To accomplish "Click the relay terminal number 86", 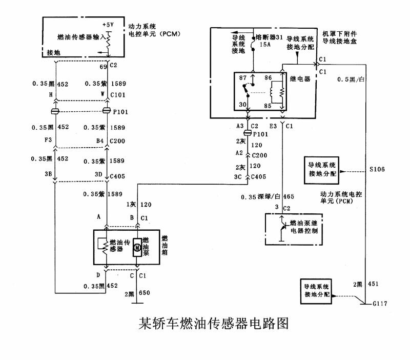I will pos(268,77).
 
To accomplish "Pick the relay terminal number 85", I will pos(268,105).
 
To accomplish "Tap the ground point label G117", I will pos(380,304).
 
